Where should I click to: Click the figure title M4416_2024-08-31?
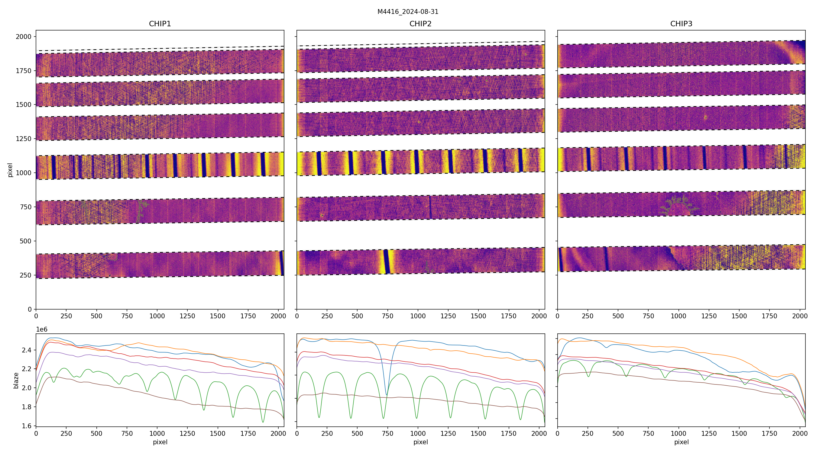[408, 12]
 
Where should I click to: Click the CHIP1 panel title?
[160, 24]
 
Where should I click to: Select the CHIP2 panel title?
[420, 24]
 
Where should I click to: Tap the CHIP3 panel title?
[681, 24]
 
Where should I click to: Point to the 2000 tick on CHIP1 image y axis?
[24, 37]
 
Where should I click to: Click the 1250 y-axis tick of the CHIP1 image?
[24, 139]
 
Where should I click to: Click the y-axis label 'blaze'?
[16, 380]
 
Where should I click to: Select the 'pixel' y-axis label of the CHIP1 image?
[10, 170]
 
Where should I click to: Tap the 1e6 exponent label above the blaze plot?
[42, 329]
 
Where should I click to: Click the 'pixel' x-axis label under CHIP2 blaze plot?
[420, 442]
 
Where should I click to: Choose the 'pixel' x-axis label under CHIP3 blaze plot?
[681, 442]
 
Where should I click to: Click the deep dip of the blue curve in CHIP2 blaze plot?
[387, 394]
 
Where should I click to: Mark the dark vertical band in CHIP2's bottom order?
[386, 262]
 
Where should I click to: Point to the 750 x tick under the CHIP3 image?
[648, 316]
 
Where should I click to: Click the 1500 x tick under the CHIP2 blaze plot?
[478, 433]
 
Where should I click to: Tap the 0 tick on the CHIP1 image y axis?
[30, 309]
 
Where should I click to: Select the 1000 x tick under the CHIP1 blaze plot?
[157, 433]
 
